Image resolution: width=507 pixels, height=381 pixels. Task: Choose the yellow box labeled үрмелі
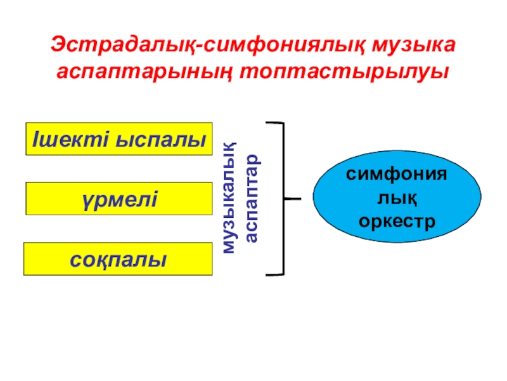click(119, 199)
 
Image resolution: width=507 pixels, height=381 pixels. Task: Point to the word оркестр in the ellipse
click(397, 222)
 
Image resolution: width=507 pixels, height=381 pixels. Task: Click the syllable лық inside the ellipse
click(397, 199)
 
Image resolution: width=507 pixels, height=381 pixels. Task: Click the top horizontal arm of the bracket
click(273, 123)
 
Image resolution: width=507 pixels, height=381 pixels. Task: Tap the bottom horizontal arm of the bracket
click(273, 275)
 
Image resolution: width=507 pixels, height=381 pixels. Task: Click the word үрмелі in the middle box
click(119, 199)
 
